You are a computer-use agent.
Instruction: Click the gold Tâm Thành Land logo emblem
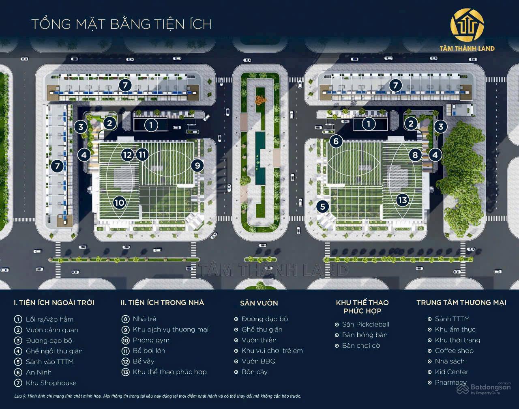pos(467,25)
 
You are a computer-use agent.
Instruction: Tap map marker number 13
pos(402,200)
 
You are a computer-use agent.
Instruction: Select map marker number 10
pos(119,202)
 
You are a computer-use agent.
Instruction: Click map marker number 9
pos(197,166)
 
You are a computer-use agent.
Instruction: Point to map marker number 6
pos(336,141)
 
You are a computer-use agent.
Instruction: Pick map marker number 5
pos(322,207)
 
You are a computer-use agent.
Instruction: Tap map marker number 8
pos(415,155)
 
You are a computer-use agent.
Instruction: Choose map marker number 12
pos(127,155)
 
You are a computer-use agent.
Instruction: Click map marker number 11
pos(142,155)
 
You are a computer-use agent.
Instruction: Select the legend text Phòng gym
pos(151,340)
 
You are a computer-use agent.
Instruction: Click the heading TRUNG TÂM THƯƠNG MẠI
pos(461,303)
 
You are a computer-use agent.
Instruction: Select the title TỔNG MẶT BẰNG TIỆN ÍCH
pos(122,24)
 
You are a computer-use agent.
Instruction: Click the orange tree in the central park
pos(259,99)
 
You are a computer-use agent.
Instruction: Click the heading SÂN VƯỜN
pos(259,303)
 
